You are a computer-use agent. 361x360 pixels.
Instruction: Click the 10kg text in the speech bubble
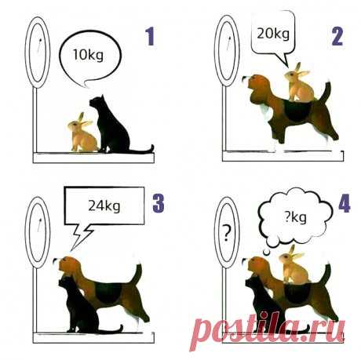pos(88,56)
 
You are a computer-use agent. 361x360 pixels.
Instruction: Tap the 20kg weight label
pos(273,34)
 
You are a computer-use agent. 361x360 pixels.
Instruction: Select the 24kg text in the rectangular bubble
pos(104,206)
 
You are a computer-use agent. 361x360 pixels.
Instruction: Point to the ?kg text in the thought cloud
pos(295,217)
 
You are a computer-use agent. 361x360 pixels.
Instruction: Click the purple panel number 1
pos(151,36)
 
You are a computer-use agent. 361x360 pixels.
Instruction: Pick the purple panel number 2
pos(337,36)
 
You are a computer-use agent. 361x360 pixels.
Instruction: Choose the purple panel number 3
pos(159,202)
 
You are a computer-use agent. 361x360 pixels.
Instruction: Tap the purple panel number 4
pos(344,203)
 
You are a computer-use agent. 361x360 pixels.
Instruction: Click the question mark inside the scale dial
pos(227,234)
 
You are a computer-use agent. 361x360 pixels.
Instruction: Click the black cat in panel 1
pos(115,125)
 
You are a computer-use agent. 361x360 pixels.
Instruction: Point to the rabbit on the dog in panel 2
pos(299,83)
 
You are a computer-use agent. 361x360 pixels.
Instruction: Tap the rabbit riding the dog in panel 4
pos(294,265)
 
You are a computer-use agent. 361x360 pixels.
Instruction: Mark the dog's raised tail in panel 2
pos(326,92)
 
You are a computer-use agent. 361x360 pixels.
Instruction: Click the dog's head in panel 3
pos(68,265)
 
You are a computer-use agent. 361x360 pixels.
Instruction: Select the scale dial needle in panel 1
pos(39,45)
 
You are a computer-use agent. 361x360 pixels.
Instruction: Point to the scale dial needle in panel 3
pos(39,225)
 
